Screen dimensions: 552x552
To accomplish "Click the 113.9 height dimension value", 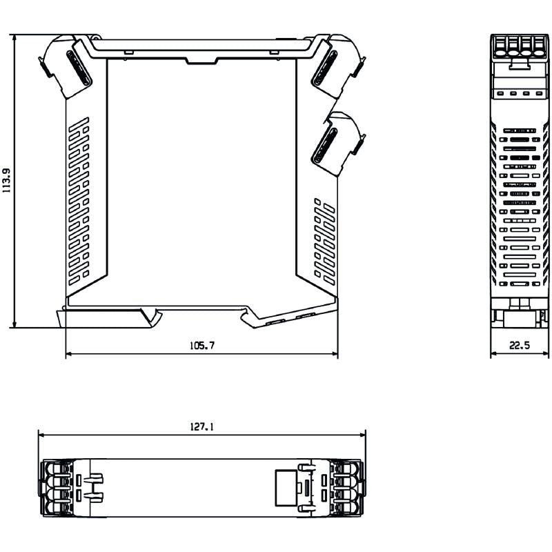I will (8, 181).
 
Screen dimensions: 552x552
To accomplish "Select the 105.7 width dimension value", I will (201, 346).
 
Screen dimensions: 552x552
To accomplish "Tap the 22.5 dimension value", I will (520, 346).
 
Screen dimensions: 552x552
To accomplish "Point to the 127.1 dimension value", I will (201, 427).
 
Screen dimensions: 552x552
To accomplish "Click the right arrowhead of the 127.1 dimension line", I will (362, 435).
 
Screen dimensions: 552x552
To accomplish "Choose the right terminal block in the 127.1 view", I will (347, 487).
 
